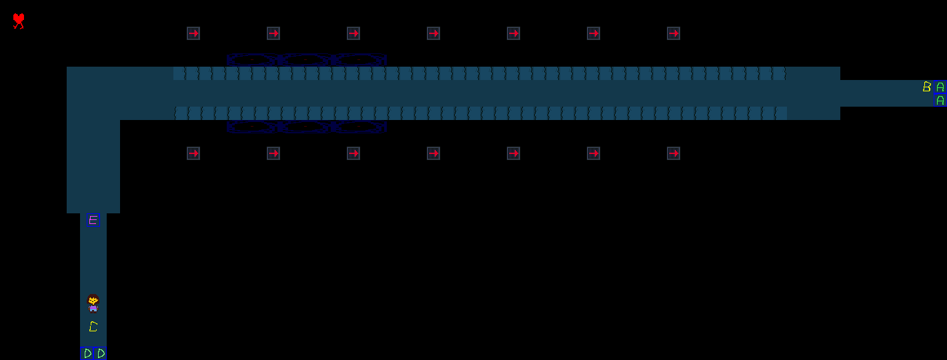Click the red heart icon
tap(19, 21)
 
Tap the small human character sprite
tap(93, 303)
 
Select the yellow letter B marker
tap(926, 87)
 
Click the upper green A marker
tap(940, 87)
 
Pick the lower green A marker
tap(940, 101)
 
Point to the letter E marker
tap(93, 220)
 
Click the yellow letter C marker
tap(93, 327)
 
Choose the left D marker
tap(87, 353)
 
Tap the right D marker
tap(101, 353)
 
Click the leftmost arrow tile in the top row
tap(193, 33)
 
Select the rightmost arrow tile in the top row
tap(674, 33)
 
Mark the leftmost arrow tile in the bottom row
tap(193, 153)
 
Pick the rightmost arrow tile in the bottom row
tap(674, 153)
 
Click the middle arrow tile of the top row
tap(433, 33)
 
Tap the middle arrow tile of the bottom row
tap(433, 153)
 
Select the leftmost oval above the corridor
tap(253, 59)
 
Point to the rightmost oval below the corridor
tap(359, 126)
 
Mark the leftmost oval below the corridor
tap(253, 126)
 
